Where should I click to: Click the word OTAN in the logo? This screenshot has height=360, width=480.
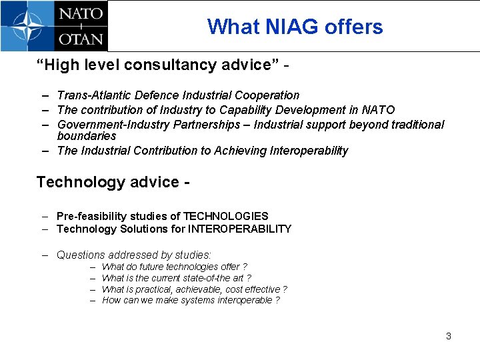[81, 38]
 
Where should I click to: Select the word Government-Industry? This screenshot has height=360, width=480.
[113, 125]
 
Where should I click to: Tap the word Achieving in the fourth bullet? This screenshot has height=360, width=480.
[241, 151]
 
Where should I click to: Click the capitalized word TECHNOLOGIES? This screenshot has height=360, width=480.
[225, 217]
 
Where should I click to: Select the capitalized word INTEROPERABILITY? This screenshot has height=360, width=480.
[240, 229]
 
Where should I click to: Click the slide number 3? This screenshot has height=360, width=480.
[449, 336]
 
